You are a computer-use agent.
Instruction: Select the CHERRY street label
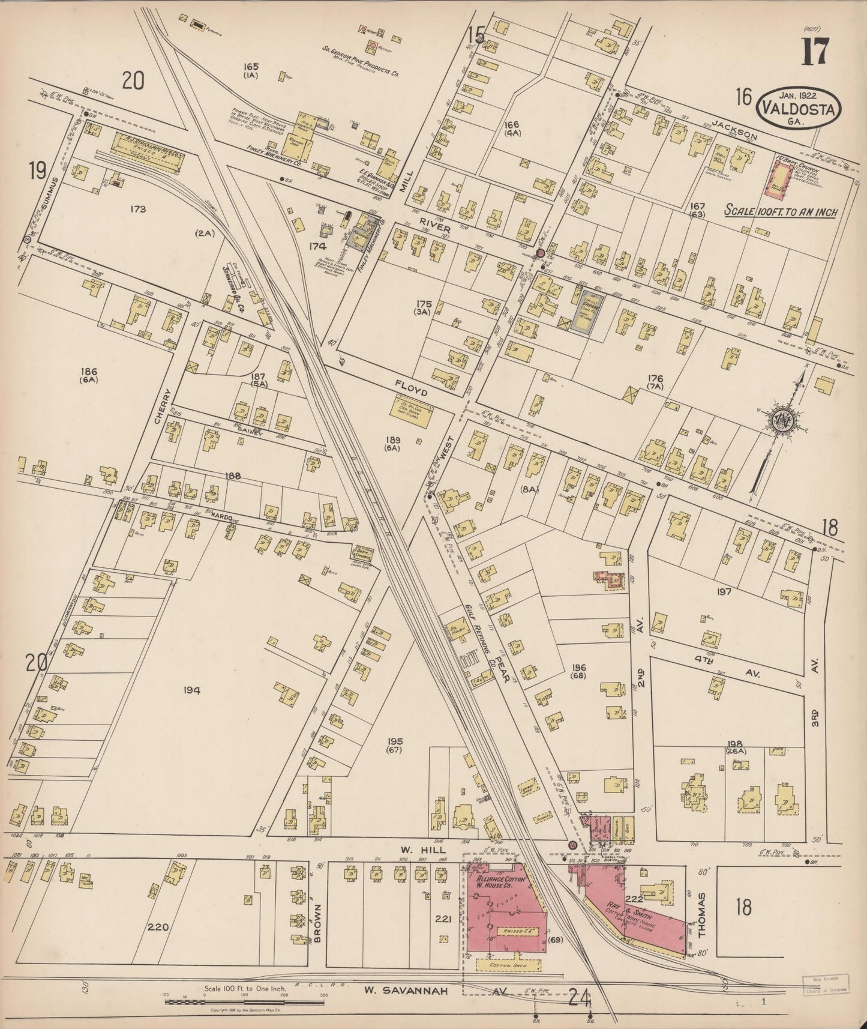(162, 406)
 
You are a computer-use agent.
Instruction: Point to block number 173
(137, 209)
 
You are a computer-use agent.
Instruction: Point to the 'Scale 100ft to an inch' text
(780, 211)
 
